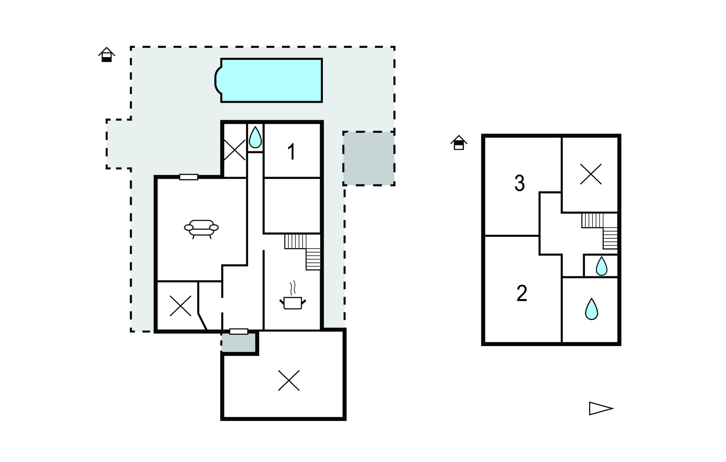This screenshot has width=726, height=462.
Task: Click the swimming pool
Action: pyautogui.click(x=271, y=80)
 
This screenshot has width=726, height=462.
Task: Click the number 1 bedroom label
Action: pyautogui.click(x=291, y=152)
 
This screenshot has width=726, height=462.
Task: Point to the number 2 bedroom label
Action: pyautogui.click(x=521, y=294)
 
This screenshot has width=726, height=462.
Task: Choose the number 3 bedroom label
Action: pyautogui.click(x=519, y=183)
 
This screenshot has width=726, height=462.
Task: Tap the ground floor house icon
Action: pyautogui.click(x=106, y=55)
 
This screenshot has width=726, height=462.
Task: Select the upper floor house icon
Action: pyautogui.click(x=459, y=143)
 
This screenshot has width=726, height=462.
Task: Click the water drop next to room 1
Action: pyautogui.click(x=255, y=137)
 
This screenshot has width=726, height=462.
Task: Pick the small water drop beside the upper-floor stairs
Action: pyautogui.click(x=601, y=266)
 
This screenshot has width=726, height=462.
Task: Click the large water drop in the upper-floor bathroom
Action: pyautogui.click(x=591, y=309)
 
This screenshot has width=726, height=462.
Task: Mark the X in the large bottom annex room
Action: pyautogui.click(x=289, y=380)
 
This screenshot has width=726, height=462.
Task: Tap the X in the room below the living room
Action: pyautogui.click(x=180, y=306)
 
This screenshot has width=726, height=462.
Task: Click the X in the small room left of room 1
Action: pyautogui.click(x=235, y=150)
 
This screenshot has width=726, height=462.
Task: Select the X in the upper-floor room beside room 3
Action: pyautogui.click(x=591, y=174)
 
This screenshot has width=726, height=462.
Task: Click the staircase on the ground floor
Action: pyautogui.click(x=303, y=250)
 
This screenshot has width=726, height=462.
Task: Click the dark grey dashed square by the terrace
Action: pyautogui.click(x=369, y=158)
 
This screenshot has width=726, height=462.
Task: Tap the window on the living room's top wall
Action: pyautogui.click(x=189, y=177)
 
